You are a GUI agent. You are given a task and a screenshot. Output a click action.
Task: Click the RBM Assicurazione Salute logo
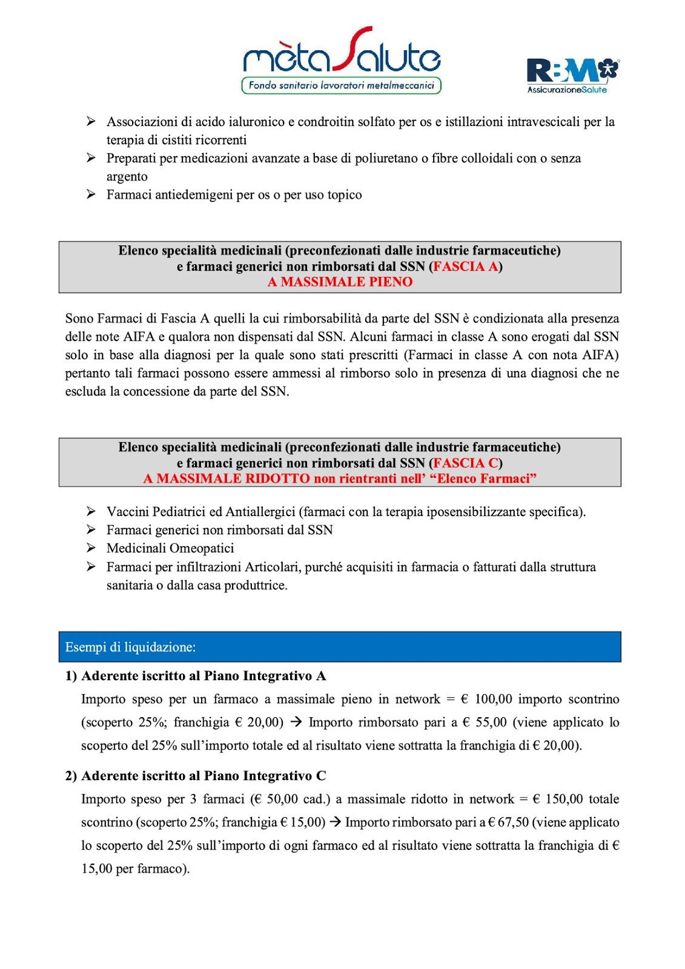[572, 76]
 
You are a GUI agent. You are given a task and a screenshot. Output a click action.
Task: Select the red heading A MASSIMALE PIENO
[340, 282]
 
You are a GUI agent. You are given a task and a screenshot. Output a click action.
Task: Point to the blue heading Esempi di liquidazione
[131, 647]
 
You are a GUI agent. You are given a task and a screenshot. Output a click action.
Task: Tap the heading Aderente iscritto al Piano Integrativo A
[204, 676]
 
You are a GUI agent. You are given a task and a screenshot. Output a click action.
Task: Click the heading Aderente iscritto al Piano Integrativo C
[204, 776]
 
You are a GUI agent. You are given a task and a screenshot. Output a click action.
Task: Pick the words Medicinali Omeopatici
[170, 549]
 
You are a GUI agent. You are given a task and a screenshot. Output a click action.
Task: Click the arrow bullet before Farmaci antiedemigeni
[91, 194]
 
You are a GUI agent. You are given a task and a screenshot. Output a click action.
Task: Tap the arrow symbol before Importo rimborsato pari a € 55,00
[296, 722]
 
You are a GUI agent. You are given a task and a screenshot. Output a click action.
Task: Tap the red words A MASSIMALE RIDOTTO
[227, 479]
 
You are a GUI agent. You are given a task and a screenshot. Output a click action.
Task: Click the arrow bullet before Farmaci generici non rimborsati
[91, 530]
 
